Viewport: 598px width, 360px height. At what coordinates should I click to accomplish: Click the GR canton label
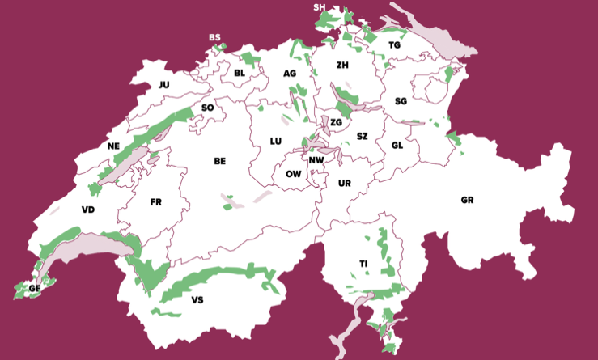tap(467, 200)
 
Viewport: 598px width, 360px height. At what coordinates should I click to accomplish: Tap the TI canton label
tap(364, 264)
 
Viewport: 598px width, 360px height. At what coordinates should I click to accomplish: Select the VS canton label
tap(197, 300)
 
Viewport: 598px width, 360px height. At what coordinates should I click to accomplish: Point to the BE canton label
tap(219, 161)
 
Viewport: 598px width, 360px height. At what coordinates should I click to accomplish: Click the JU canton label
tap(164, 84)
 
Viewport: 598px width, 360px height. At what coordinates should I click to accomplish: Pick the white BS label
tap(214, 37)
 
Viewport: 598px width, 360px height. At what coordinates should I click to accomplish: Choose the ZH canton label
tap(342, 65)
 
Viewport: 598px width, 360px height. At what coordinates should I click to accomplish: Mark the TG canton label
tap(394, 45)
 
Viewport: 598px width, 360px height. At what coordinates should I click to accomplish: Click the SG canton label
tap(401, 101)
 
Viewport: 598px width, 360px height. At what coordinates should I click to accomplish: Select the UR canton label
tap(345, 184)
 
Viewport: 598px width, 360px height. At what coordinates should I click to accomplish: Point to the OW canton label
tap(294, 174)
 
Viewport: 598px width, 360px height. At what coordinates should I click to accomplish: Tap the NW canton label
tap(316, 160)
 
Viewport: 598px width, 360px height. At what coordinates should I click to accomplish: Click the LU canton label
tap(276, 141)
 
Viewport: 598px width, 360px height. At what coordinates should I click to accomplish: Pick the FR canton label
tap(156, 202)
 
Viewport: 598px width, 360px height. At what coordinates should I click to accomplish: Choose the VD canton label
tap(88, 210)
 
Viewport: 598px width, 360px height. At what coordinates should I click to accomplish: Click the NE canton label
tap(113, 146)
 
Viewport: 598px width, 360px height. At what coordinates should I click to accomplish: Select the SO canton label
tap(207, 108)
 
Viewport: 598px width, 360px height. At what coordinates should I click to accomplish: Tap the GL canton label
tap(397, 145)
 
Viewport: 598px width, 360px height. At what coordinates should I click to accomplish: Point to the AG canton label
tap(290, 74)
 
